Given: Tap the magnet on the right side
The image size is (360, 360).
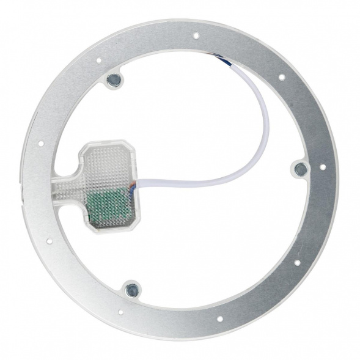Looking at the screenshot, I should pos(300,169).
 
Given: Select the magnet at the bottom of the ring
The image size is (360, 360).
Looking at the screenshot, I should pos(131,290).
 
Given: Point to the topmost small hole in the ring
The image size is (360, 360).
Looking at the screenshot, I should pos(196,36).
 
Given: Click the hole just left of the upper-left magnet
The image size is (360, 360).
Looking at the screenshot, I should pos(98,61).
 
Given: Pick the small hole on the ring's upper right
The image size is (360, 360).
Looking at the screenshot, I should pos(281,78).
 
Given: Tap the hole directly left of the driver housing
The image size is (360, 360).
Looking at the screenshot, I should pos(41,144).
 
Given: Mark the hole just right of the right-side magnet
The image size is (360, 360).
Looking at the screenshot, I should pos(322,166).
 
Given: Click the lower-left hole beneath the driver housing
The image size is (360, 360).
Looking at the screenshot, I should pos(50,241).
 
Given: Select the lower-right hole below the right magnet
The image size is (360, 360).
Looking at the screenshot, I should pos(296,263).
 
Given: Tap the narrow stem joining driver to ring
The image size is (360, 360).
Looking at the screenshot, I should pos(68,186).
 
